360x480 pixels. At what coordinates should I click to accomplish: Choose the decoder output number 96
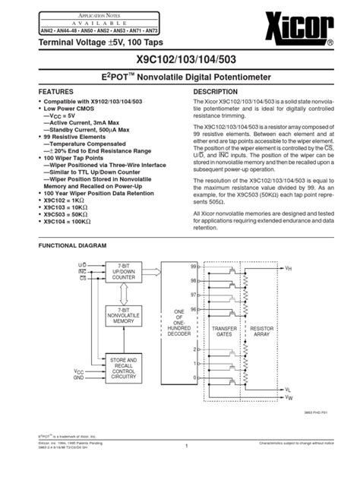click(x=195, y=310)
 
